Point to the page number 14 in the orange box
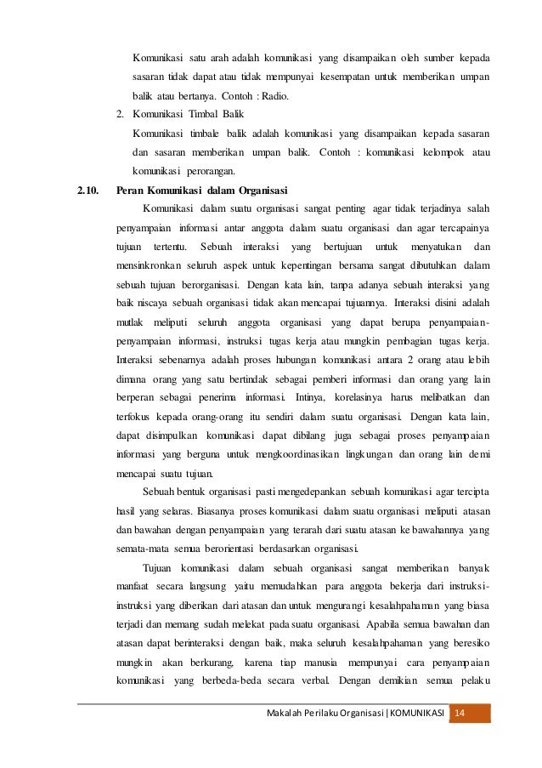[461, 712]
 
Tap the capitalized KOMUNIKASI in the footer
[415, 712]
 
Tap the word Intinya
[312, 397]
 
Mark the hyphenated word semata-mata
[142, 549]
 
